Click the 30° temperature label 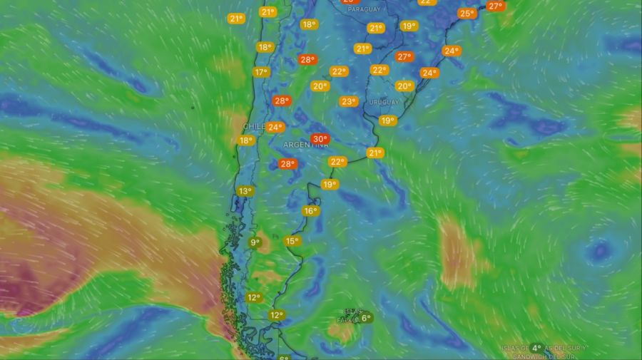point(320,139)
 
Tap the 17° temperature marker point(260,72)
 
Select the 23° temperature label point(348,101)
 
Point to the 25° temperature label point(467,14)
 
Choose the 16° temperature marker point(310,211)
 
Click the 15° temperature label point(292,241)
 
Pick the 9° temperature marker point(255,242)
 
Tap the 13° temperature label point(245,191)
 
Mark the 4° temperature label point(536,348)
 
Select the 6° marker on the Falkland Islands point(366,318)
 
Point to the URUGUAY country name point(384,103)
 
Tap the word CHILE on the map point(254,126)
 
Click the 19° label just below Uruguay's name point(387,120)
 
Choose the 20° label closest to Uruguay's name point(404,86)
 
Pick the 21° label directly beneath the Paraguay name point(376,28)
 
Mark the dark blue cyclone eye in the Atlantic point(600,251)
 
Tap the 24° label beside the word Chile point(275,128)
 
